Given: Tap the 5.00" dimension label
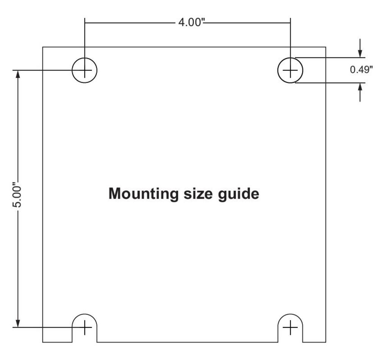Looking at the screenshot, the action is click(x=17, y=195).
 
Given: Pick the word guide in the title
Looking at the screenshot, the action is click(x=238, y=194).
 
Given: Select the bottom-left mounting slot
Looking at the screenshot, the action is click(x=85, y=314).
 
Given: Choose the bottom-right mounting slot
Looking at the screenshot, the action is click(x=290, y=314).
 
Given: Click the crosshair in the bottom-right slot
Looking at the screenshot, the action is click(x=290, y=327).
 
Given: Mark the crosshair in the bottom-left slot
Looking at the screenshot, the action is click(x=85, y=327).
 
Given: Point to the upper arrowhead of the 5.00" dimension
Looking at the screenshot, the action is click(x=18, y=74).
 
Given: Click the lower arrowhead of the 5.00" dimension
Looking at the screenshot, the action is click(x=18, y=323).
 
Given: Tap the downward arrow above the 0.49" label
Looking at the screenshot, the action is click(x=360, y=48).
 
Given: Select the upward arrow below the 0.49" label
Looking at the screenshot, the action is click(x=360, y=92).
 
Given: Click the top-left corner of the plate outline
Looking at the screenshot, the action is click(x=43, y=47).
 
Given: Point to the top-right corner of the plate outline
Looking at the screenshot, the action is click(x=326, y=47).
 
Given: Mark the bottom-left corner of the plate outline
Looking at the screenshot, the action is click(x=43, y=342).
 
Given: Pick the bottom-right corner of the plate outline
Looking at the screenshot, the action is click(x=326, y=342).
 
